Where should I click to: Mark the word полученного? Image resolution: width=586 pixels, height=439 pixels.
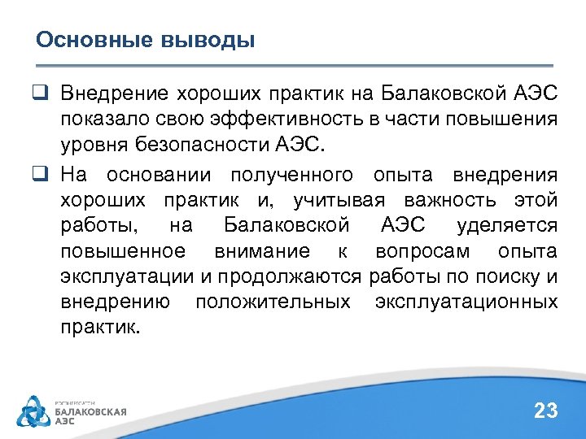pos(291,175)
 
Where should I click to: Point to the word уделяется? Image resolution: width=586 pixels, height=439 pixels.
pos(507,225)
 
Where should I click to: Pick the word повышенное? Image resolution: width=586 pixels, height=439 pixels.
pos(122,251)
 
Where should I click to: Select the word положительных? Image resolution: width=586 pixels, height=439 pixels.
pos(273,302)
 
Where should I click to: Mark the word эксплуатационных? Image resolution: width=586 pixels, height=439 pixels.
pos(466,302)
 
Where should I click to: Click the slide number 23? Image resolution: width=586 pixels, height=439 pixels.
pos(545,411)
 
